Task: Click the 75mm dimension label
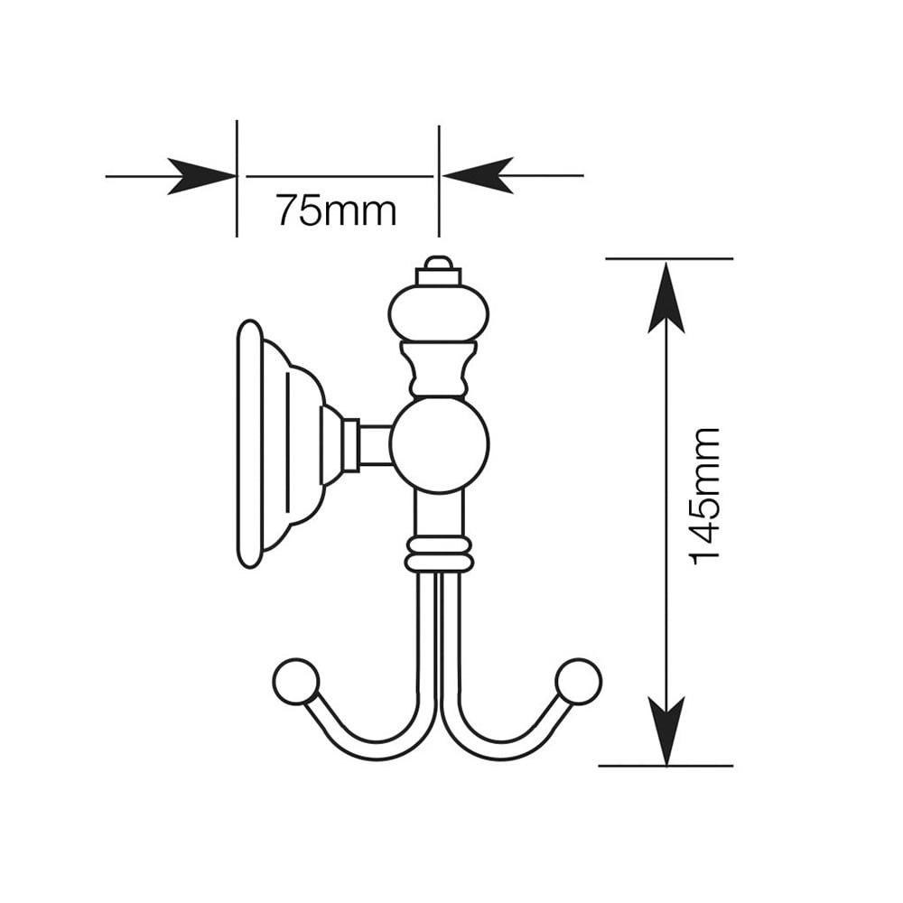pyautogui.click(x=336, y=210)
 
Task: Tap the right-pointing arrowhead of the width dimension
pyautogui.click(x=201, y=176)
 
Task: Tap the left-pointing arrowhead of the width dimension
pyautogui.click(x=476, y=175)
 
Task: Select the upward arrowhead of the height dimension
pyautogui.click(x=666, y=297)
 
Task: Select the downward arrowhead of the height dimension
pyautogui.click(x=666, y=731)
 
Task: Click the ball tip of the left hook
pyautogui.click(x=296, y=681)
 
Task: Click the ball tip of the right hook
pyautogui.click(x=579, y=681)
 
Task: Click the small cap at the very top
pyautogui.click(x=439, y=271)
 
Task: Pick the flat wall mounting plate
pyautogui.click(x=250, y=444)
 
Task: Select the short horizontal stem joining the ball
pyautogui.click(x=376, y=444)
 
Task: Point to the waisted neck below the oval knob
pyautogui.click(x=439, y=368)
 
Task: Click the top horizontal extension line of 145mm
pyautogui.click(x=669, y=258)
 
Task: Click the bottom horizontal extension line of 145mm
pyautogui.click(x=666, y=766)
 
